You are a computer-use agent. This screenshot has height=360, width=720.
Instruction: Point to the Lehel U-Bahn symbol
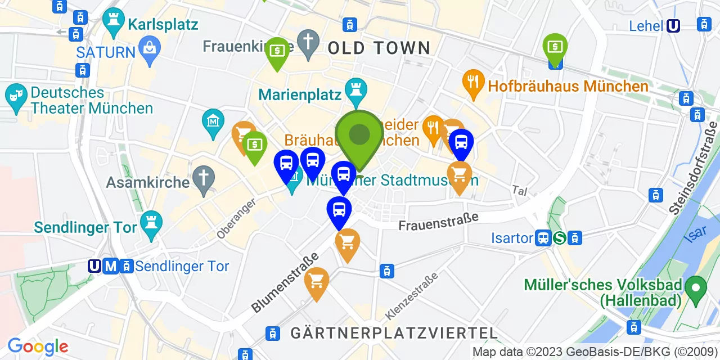(673, 26)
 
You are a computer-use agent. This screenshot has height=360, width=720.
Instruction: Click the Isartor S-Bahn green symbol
(559, 238)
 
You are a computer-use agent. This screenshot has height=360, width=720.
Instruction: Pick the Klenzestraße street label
(412, 296)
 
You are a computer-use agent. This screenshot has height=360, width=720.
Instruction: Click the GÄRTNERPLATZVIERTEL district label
(394, 333)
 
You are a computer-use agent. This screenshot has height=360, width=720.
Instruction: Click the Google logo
(38, 346)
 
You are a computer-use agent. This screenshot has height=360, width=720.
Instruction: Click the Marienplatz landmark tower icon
(355, 91)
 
